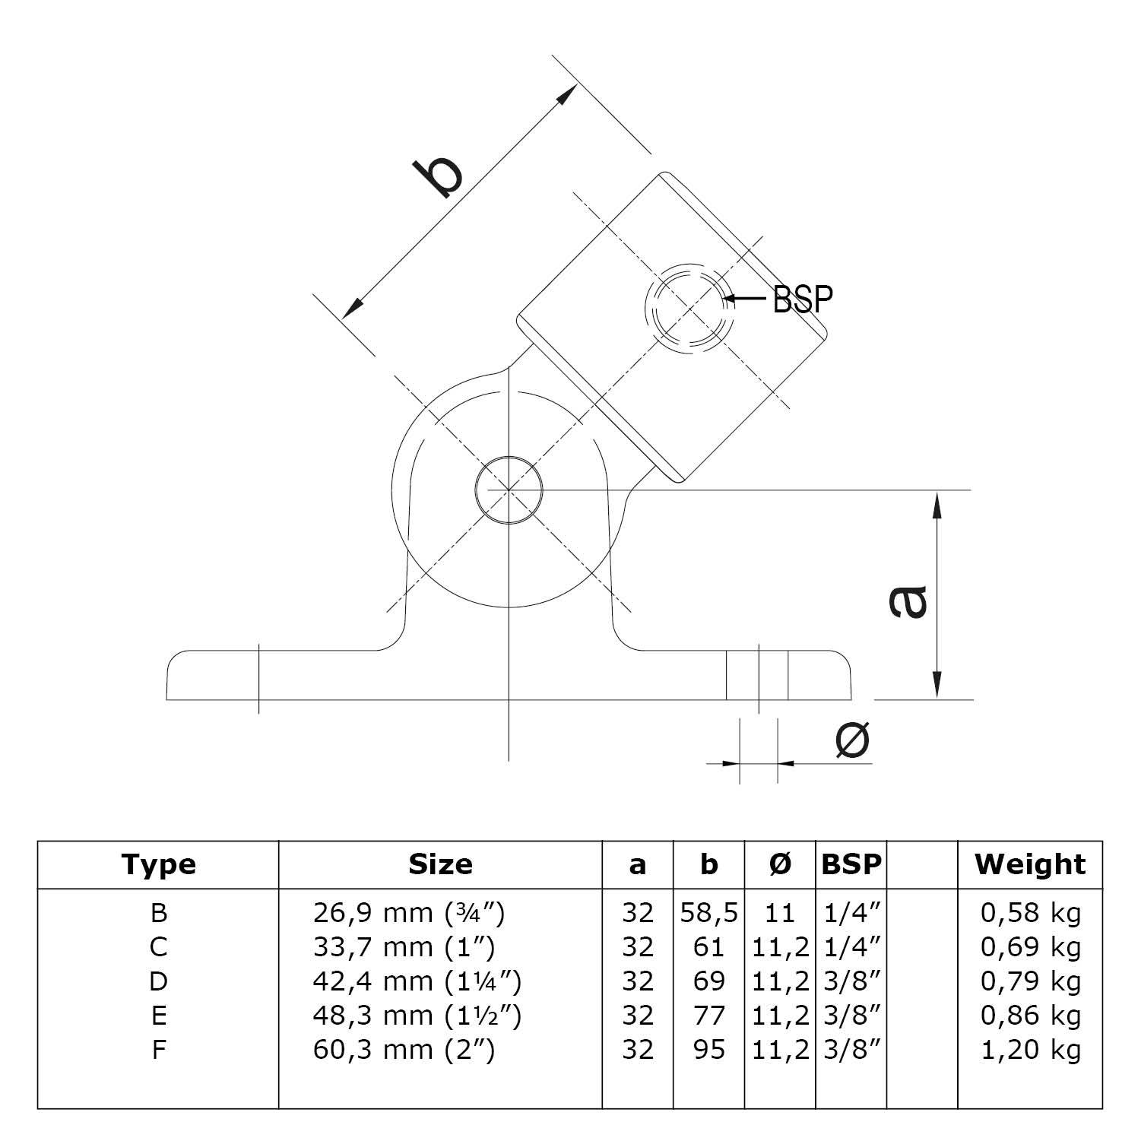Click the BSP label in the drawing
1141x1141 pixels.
click(x=803, y=300)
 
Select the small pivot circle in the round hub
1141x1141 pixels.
click(x=509, y=490)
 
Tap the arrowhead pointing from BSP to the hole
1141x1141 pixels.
click(x=731, y=299)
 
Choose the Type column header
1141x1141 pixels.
click(x=158, y=864)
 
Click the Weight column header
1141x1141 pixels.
click(x=1030, y=864)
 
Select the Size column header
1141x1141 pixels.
click(x=440, y=864)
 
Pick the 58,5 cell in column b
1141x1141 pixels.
click(x=708, y=913)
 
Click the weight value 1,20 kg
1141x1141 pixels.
click(x=1030, y=1050)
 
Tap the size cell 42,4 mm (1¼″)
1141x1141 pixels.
click(x=417, y=981)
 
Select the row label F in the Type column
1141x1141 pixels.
click(x=158, y=1050)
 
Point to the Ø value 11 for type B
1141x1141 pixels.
click(x=780, y=913)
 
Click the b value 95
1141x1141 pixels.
click(x=708, y=1050)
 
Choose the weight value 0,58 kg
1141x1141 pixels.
click(x=1030, y=913)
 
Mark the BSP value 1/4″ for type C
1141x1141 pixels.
click(x=851, y=947)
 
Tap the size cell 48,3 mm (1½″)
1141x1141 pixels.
click(x=417, y=1016)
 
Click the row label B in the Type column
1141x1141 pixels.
click(x=158, y=913)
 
